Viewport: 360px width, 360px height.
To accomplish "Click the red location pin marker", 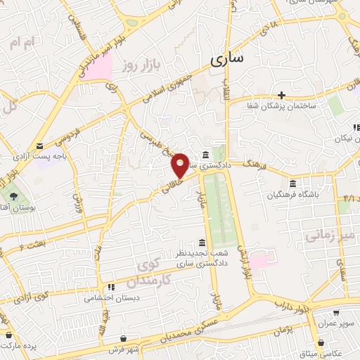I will [x=180, y=165].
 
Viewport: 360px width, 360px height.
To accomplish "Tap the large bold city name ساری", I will [x=227, y=59].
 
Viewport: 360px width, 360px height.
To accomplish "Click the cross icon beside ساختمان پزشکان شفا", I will [x=281, y=95].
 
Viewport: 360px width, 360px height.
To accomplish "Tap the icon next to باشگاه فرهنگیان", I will [x=292, y=184].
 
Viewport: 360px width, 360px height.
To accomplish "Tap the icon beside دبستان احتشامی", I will [x=110, y=288].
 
